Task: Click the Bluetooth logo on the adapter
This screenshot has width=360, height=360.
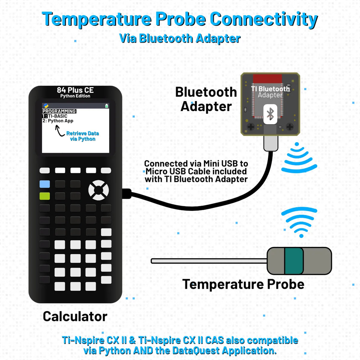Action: [x=270, y=114]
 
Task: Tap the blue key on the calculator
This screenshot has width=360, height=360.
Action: [x=45, y=184]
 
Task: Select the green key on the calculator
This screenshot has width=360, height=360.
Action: [x=45, y=196]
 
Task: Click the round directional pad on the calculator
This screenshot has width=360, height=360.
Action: [x=98, y=190]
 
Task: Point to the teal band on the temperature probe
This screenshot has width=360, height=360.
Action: [x=294, y=261]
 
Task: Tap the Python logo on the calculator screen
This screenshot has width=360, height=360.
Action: [x=46, y=106]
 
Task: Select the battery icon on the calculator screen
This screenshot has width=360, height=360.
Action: [x=106, y=106]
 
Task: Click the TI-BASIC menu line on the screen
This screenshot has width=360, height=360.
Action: [x=57, y=116]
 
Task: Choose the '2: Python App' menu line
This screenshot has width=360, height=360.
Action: [x=58, y=121]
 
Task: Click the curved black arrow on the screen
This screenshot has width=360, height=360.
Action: [x=59, y=131]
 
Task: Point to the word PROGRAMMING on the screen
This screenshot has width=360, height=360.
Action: [x=59, y=111]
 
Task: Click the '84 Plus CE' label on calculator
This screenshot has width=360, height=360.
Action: [x=75, y=90]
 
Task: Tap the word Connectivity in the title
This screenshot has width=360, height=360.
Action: [x=263, y=19]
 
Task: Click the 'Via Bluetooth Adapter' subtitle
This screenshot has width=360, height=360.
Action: [x=180, y=38]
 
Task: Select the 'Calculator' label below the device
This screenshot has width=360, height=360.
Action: [x=75, y=316]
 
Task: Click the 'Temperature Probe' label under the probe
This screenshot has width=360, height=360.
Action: [x=243, y=284]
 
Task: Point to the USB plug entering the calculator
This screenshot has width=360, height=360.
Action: [x=127, y=193]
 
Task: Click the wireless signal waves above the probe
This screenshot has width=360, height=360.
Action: [x=299, y=221]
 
